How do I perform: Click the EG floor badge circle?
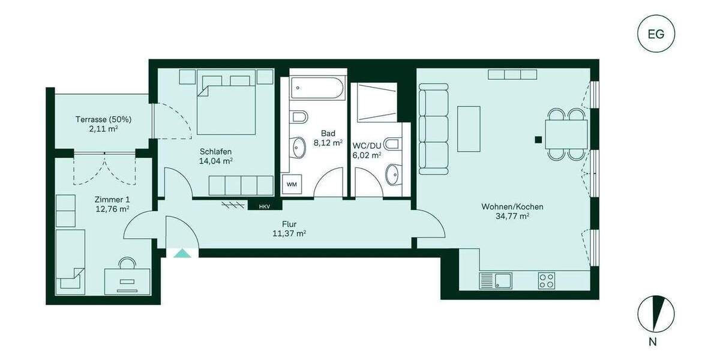[656, 34]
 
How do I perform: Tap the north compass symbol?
[656, 314]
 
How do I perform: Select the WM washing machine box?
[292, 184]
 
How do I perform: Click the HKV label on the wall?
[264, 206]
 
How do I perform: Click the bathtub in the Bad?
[317, 91]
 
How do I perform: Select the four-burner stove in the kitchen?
[546, 280]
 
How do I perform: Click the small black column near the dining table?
[538, 140]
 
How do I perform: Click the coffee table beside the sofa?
[469, 128]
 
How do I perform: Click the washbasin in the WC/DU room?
[393, 174]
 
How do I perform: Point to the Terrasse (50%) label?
[103, 119]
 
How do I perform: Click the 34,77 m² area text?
[512, 217]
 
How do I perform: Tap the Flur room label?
[289, 223]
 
